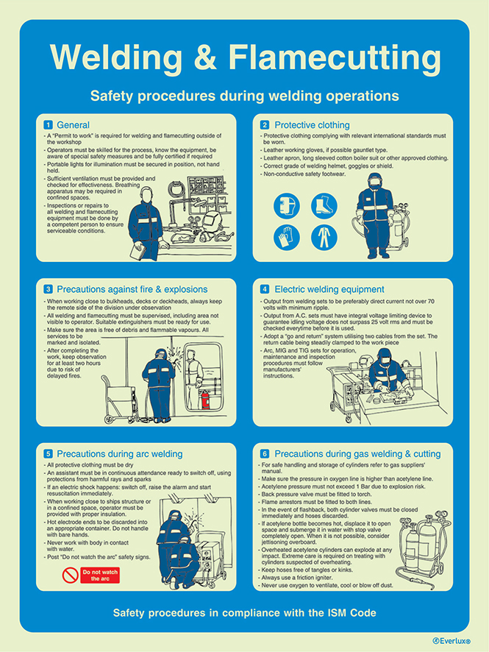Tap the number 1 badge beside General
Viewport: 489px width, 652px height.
[x=49, y=124]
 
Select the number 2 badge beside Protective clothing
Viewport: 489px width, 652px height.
[x=265, y=124]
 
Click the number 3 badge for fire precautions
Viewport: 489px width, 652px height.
[x=49, y=289]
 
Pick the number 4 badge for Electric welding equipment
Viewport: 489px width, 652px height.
[x=265, y=289]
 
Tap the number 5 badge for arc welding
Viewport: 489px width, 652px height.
[x=49, y=454]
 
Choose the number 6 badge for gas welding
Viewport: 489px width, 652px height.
[x=265, y=454]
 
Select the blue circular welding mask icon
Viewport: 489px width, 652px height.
[x=286, y=206]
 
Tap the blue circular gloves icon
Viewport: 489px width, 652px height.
[x=286, y=237]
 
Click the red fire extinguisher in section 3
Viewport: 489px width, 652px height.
[x=205, y=399]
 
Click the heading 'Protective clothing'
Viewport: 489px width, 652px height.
[x=312, y=124]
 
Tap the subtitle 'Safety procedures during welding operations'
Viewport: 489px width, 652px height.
[x=244, y=96]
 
